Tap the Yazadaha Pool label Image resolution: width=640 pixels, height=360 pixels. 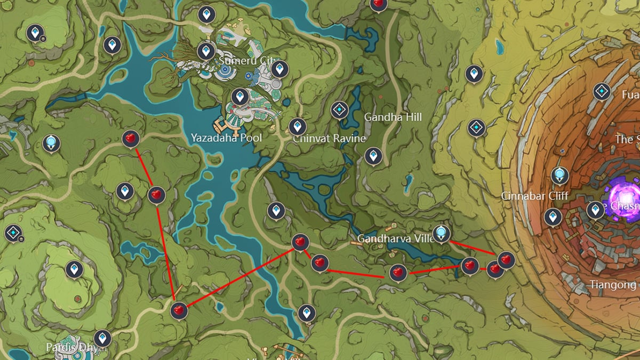(x=226, y=138)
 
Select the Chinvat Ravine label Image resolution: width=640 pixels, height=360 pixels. (x=329, y=138)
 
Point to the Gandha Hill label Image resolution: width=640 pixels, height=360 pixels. (x=393, y=117)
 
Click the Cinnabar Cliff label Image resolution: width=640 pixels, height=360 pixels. (x=534, y=196)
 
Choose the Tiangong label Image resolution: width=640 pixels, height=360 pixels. (x=613, y=285)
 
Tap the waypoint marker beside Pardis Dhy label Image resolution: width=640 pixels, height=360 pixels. (x=102, y=338)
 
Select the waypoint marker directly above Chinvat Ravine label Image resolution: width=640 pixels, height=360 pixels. (x=297, y=126)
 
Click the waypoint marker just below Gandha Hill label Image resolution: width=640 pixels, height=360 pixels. (x=373, y=156)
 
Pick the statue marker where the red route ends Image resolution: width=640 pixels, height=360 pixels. (x=441, y=233)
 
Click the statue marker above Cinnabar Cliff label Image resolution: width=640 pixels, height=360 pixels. (x=559, y=174)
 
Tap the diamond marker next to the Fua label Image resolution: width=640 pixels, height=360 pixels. (x=602, y=92)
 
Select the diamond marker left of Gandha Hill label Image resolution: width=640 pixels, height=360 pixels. (x=339, y=110)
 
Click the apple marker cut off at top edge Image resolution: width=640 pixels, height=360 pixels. (x=378, y=3)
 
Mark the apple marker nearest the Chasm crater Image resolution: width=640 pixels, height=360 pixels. (x=506, y=260)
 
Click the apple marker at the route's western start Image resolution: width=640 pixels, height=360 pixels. (x=130, y=139)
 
